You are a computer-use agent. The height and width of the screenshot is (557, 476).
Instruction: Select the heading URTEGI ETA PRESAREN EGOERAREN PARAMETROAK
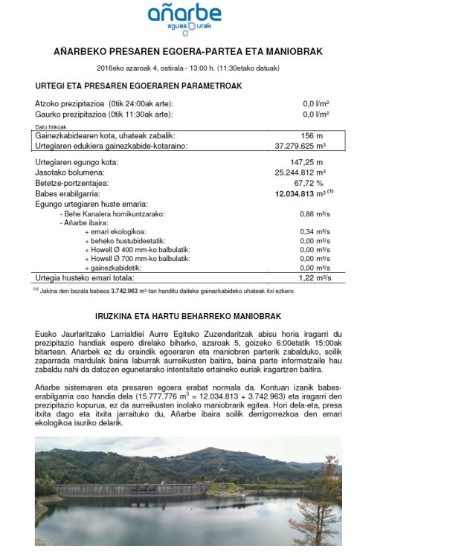click(x=139, y=86)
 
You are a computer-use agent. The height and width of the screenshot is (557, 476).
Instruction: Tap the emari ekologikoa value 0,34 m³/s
click(x=312, y=231)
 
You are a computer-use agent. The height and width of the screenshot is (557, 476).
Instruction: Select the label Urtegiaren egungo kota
click(x=77, y=162)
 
